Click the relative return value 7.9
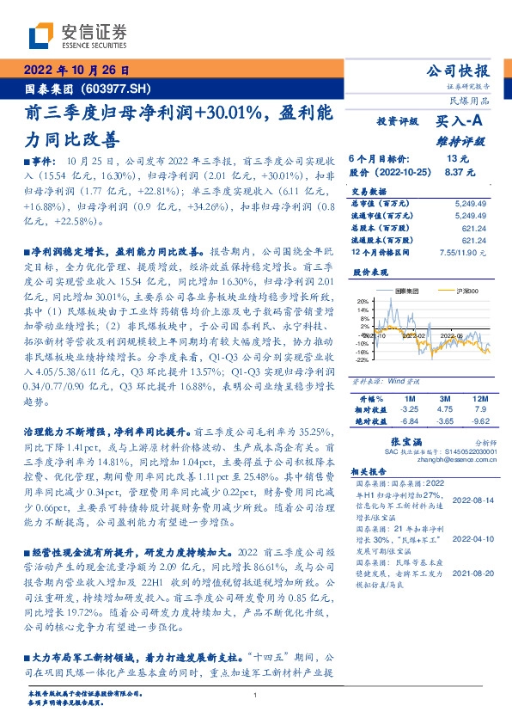coord(479,410)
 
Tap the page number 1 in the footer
coord(256,695)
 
